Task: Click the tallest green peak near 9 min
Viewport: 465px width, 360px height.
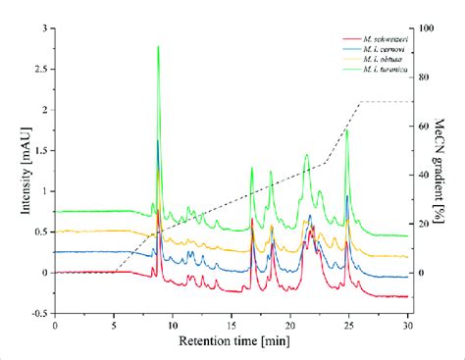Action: (x=158, y=47)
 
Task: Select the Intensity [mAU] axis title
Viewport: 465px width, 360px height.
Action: (x=17, y=172)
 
